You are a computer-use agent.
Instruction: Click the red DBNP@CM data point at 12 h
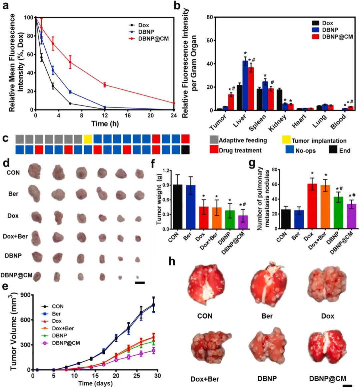pos(104,85)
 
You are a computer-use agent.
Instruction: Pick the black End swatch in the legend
pos(333,150)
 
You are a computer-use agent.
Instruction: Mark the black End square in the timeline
pos(186,149)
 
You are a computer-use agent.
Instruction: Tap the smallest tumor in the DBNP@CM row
pos(137,277)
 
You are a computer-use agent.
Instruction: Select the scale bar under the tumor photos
pos(140,283)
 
